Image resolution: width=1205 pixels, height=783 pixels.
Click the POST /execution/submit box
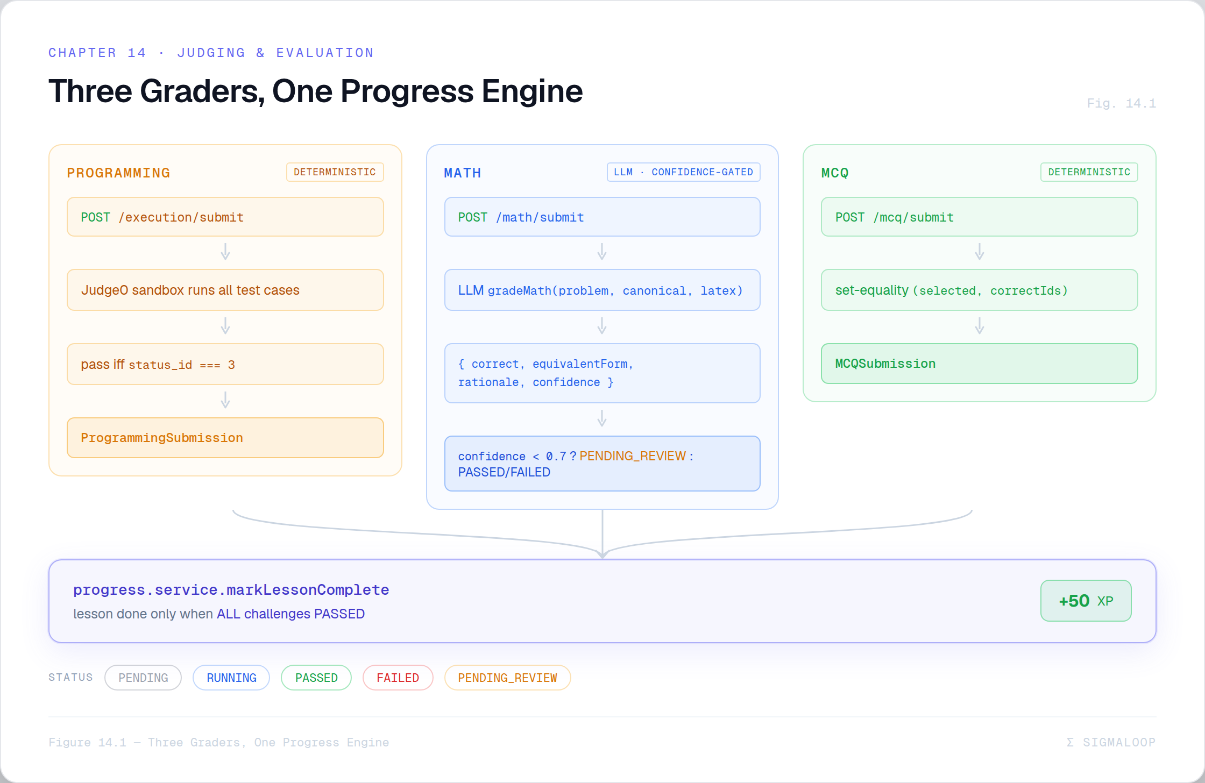click(225, 217)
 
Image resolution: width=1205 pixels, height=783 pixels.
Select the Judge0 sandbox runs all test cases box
click(225, 290)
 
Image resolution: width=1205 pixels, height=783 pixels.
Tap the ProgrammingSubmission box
click(225, 438)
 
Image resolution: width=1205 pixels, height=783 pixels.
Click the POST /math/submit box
click(602, 217)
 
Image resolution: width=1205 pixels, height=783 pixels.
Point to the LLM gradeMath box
click(602, 290)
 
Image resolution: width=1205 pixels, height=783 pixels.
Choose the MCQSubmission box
click(979, 364)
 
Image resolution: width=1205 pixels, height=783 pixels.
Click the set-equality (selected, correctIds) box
click(979, 290)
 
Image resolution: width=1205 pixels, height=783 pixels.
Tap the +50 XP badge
click(1086, 601)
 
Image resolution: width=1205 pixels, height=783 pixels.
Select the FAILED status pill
click(398, 678)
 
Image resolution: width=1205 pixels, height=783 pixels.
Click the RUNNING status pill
click(231, 678)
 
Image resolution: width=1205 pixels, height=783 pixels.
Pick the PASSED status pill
click(316, 678)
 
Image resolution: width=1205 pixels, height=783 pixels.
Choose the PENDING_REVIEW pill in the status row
click(507, 678)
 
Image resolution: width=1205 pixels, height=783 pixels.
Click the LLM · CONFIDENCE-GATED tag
click(683, 172)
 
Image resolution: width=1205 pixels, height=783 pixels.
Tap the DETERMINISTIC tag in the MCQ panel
click(1089, 172)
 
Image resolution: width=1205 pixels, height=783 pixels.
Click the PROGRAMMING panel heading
click(118, 173)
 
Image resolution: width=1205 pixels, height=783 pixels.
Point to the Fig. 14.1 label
click(1121, 103)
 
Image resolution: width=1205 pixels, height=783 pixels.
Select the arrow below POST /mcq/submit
click(980, 252)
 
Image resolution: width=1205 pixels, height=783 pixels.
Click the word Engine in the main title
click(532, 91)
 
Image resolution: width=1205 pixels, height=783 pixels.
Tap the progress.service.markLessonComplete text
click(231, 590)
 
